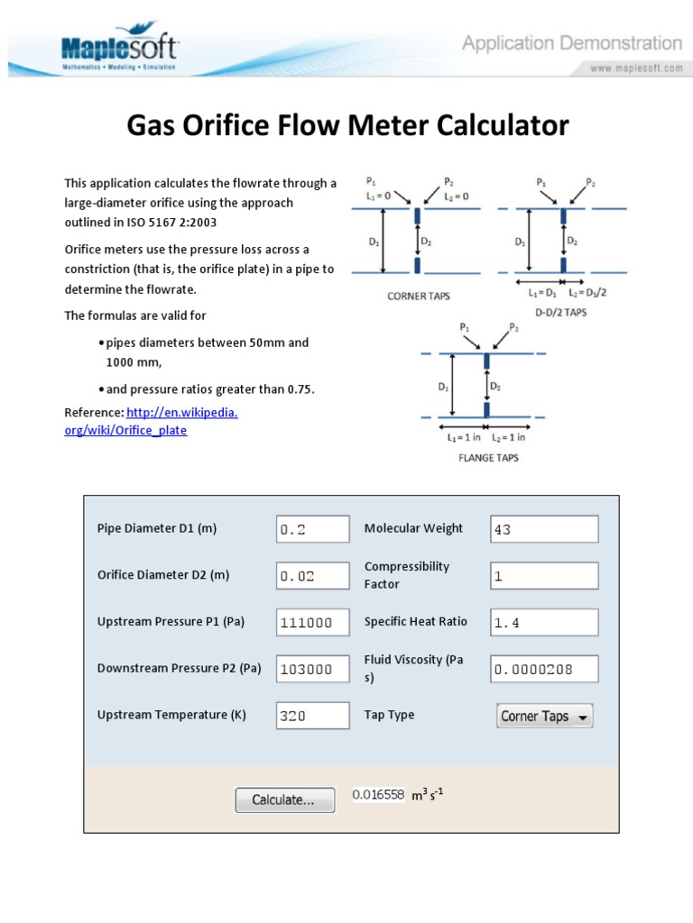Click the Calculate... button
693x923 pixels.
click(x=283, y=800)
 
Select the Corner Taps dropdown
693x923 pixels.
click(x=545, y=716)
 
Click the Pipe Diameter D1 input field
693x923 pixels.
click(x=312, y=529)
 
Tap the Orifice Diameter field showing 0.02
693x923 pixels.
click(x=312, y=576)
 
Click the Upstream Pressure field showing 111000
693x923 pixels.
click(x=312, y=622)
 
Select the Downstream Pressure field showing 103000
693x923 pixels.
click(x=312, y=669)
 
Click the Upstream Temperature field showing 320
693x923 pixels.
click(x=312, y=716)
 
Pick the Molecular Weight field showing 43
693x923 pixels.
click(x=543, y=529)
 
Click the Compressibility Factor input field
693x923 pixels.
click(x=543, y=576)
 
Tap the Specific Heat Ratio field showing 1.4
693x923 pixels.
click(x=543, y=622)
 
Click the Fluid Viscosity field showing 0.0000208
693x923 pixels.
click(x=543, y=669)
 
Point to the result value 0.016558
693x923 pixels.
click(x=378, y=795)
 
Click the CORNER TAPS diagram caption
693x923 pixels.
click(x=418, y=296)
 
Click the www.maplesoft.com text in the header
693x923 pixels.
click(x=636, y=69)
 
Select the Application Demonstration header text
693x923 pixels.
click(x=572, y=42)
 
